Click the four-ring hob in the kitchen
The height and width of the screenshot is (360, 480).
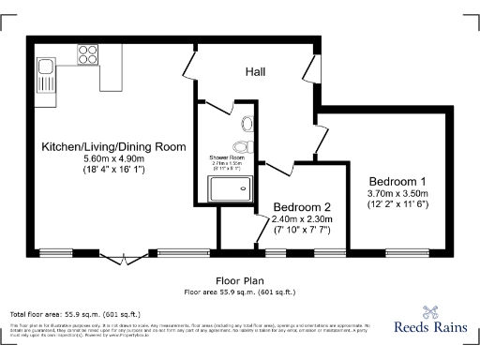[x=89, y=52]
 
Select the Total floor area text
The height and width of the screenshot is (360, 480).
[x=75, y=313]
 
